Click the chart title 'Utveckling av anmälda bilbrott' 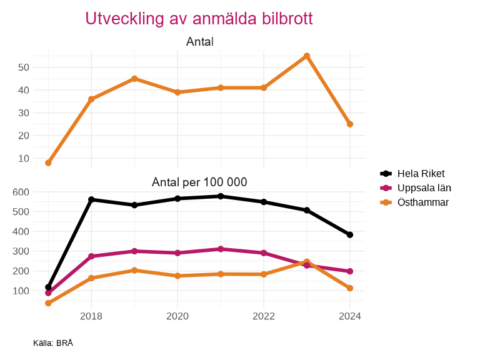199,19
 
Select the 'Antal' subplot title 200,42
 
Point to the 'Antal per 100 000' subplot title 200,182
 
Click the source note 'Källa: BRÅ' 53,343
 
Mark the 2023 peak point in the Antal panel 307,56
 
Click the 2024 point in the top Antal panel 350,124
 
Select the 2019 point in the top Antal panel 134,79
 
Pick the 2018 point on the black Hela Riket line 91,199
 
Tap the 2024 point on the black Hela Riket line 350,235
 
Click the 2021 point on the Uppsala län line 221,249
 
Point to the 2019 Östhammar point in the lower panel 134,270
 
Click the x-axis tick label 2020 177,316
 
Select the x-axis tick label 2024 350,316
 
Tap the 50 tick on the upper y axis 24,67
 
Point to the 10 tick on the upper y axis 24,159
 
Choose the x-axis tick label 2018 91,316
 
